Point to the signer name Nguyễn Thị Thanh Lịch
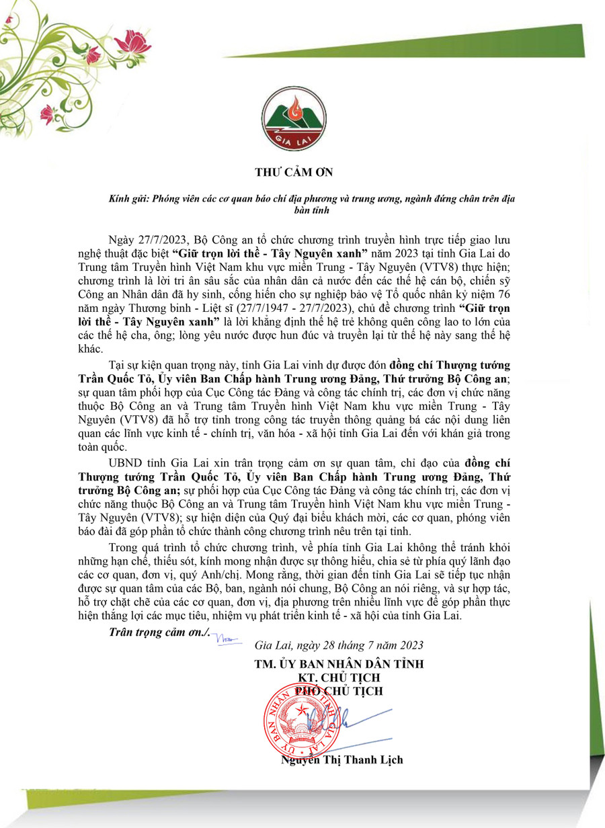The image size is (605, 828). tap(342, 760)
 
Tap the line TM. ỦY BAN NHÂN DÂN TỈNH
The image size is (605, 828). tap(339, 664)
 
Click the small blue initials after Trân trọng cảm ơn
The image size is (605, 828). tap(227, 639)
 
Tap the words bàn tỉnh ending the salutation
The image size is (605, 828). tap(304, 211)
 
